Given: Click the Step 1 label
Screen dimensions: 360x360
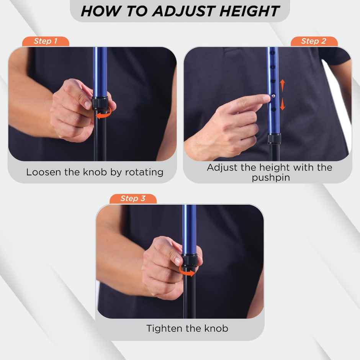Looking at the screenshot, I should point(45,41).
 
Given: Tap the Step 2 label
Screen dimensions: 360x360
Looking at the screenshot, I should point(314,41).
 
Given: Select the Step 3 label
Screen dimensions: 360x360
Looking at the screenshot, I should point(133,198).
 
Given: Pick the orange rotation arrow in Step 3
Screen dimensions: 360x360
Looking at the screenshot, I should point(188,271).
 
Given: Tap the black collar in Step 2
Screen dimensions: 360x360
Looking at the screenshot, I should point(274,138).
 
